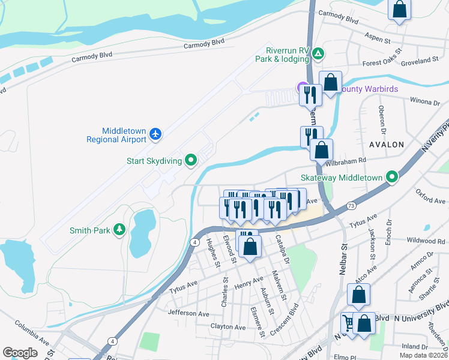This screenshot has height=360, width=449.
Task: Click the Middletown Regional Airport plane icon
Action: (156, 133)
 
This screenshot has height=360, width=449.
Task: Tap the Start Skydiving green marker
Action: (191, 160)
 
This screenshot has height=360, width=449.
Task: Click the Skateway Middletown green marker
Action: (393, 178)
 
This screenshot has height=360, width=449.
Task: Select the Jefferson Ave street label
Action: (188, 313)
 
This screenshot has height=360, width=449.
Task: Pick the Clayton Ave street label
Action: (228, 327)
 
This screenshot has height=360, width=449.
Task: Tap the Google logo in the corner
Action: (20, 353)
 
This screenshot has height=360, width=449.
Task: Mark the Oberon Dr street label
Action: (381, 118)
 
